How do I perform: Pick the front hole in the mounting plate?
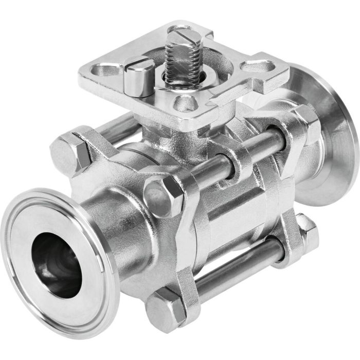(184, 103)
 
